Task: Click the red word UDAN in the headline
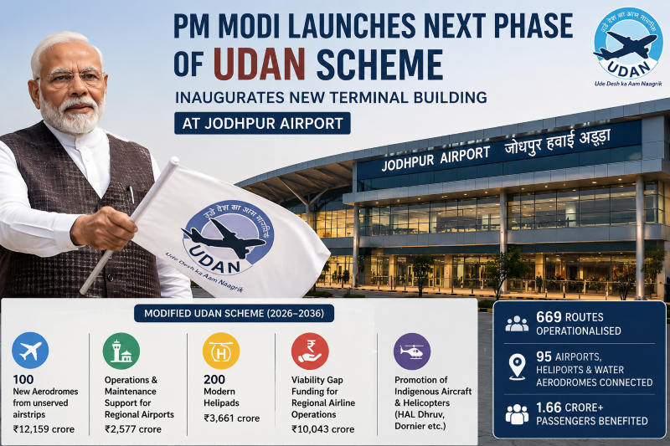pyautogui.click(x=260, y=64)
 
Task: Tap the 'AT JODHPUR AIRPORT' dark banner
pyautogui.click(x=262, y=123)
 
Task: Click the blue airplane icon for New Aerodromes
pyautogui.click(x=30, y=351)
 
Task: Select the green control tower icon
pyautogui.click(x=121, y=351)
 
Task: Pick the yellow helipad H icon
pyautogui.click(x=221, y=351)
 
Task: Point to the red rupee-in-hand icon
pyautogui.click(x=310, y=351)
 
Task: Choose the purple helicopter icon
pyautogui.click(x=412, y=351)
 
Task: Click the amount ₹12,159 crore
pyautogui.click(x=44, y=429)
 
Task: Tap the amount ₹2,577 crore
pyautogui.click(x=133, y=429)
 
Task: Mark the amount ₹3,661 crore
pyautogui.click(x=232, y=418)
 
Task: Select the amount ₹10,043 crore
pyautogui.click(x=323, y=429)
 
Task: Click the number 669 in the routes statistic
pyautogui.click(x=549, y=317)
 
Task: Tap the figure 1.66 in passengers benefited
pyautogui.click(x=550, y=408)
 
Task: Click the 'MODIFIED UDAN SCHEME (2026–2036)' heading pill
pyautogui.click(x=234, y=313)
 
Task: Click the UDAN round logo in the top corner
pyautogui.click(x=627, y=44)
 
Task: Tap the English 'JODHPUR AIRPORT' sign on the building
pyautogui.click(x=435, y=159)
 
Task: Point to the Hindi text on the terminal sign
pyautogui.click(x=557, y=141)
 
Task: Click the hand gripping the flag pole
pyautogui.click(x=104, y=228)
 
